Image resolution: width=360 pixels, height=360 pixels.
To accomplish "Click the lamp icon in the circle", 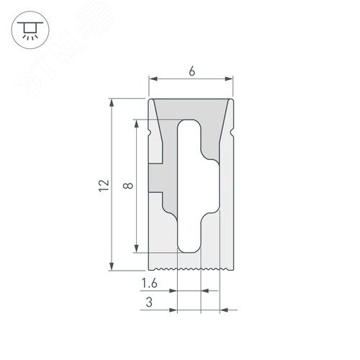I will [30, 30].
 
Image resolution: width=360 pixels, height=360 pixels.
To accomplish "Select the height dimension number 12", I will [104, 185].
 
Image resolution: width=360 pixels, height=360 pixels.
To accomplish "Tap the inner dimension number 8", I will [127, 186].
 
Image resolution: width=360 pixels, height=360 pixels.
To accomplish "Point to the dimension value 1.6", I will [150, 282].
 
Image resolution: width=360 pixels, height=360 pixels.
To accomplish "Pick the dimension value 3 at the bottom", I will [149, 302].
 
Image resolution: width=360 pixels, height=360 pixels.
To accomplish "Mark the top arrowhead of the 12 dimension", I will [112, 104].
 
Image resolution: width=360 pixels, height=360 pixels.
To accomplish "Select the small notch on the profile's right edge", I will [232, 134].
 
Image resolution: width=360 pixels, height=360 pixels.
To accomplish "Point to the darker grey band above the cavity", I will [191, 110].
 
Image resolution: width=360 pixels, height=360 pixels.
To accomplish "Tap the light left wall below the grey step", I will [158, 230].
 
